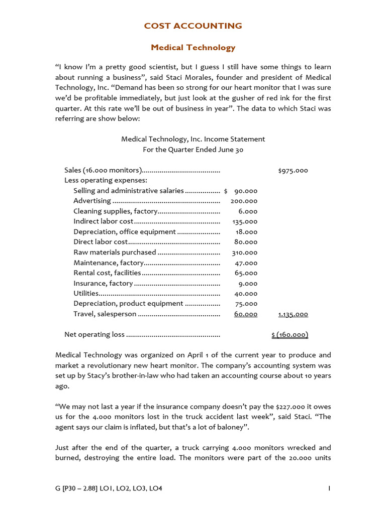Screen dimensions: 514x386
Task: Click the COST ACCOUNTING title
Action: click(193, 26)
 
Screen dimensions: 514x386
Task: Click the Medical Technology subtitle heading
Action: click(193, 48)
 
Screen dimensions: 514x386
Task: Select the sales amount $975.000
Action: click(293, 170)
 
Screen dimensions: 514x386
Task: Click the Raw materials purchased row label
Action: click(115, 252)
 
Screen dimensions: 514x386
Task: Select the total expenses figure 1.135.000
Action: click(293, 314)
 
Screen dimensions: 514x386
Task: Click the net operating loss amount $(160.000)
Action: click(289, 335)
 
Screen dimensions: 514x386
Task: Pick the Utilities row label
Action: click(86, 294)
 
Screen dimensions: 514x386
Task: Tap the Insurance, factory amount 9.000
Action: click(248, 283)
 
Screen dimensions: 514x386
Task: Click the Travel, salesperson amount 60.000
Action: click(246, 314)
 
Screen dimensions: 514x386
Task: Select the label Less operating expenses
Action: click(105, 180)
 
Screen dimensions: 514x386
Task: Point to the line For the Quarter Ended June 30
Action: click(193, 150)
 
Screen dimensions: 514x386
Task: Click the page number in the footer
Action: click(329, 488)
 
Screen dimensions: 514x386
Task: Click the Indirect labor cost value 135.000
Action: click(245, 221)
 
